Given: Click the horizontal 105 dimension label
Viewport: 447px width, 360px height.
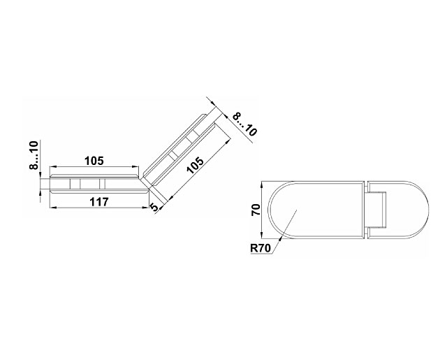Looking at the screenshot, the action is pyautogui.click(x=94, y=161).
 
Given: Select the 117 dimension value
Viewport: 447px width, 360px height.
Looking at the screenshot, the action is pyautogui.click(x=99, y=202).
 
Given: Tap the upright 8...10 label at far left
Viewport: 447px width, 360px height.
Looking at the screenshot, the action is pyautogui.click(x=34, y=155).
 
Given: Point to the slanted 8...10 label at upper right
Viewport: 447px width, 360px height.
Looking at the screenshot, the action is pyautogui.click(x=244, y=124).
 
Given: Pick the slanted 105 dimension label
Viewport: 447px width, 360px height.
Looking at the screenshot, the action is pyautogui.click(x=196, y=165).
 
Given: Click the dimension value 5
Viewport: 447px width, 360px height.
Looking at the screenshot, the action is pyautogui.click(x=154, y=207).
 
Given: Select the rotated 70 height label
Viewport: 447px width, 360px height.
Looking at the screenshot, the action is pyautogui.click(x=256, y=210).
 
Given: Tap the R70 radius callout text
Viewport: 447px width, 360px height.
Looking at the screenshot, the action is pyautogui.click(x=261, y=248).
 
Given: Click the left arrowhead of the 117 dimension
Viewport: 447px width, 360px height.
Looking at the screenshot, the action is pyautogui.click(x=53, y=208).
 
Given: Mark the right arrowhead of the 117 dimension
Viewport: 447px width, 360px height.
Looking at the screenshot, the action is pyautogui.click(x=146, y=208).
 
